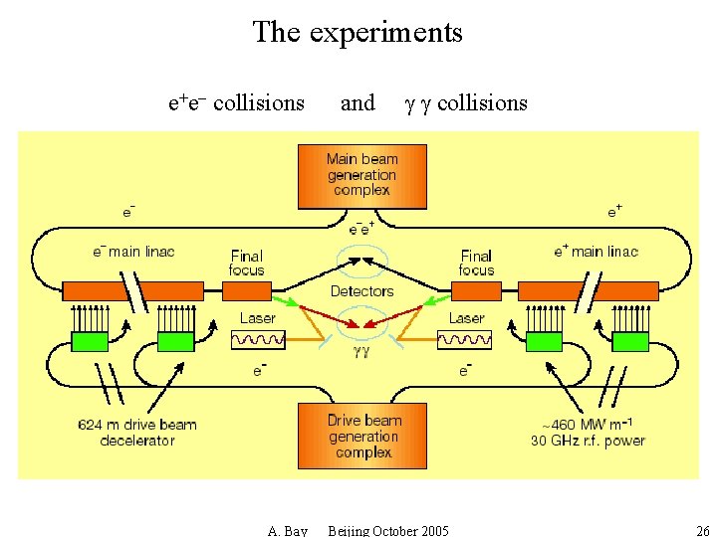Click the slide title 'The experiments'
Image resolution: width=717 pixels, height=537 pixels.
click(358, 32)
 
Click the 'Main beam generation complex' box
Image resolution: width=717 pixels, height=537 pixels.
click(362, 175)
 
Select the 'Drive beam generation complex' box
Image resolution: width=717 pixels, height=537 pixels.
click(362, 436)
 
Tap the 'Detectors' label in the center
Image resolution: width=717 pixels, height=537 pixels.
click(361, 291)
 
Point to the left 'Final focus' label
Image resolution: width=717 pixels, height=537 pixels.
click(246, 263)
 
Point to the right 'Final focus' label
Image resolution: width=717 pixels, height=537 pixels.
click(476, 263)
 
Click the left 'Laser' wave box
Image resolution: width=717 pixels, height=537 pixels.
click(258, 341)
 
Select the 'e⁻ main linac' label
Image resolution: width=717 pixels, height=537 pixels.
click(132, 252)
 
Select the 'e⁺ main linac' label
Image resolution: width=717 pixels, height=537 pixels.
click(596, 252)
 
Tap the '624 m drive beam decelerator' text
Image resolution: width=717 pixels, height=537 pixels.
click(137, 433)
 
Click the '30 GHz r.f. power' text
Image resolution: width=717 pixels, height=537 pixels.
click(588, 441)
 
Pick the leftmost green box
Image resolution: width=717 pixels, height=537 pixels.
click(90, 342)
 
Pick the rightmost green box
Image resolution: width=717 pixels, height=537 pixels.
click(630, 342)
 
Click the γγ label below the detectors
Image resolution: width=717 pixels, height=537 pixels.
click(361, 351)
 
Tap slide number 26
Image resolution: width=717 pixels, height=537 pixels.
click(703, 530)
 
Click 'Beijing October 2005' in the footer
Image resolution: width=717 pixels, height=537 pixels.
click(388, 530)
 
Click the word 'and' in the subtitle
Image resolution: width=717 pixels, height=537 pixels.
click(358, 102)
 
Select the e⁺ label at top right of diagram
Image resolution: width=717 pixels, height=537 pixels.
click(614, 211)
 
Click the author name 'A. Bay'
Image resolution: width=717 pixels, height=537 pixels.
click(288, 530)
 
